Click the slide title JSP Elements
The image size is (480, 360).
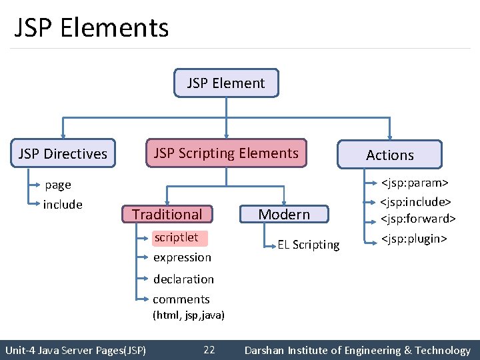tap(91, 28)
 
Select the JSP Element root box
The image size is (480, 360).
tap(226, 83)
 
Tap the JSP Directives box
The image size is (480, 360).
tap(63, 154)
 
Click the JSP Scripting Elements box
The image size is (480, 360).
tap(226, 153)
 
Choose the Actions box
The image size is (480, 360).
tap(390, 155)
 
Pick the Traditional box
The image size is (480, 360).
tap(167, 214)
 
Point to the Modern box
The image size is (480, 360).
tap(284, 214)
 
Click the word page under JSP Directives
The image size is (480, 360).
tap(57, 185)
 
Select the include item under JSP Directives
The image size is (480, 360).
tap(63, 205)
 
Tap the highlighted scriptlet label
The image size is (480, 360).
tap(176, 237)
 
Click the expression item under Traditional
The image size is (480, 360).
tap(182, 257)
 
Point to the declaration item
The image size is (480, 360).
tap(183, 279)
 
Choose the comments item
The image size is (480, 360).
tap(181, 299)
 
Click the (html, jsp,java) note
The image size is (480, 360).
tap(189, 315)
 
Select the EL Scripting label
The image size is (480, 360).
tap(309, 245)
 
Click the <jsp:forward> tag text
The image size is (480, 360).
tap(418, 219)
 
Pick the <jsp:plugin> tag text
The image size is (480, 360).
tap(413, 239)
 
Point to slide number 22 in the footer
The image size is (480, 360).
tap(209, 350)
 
